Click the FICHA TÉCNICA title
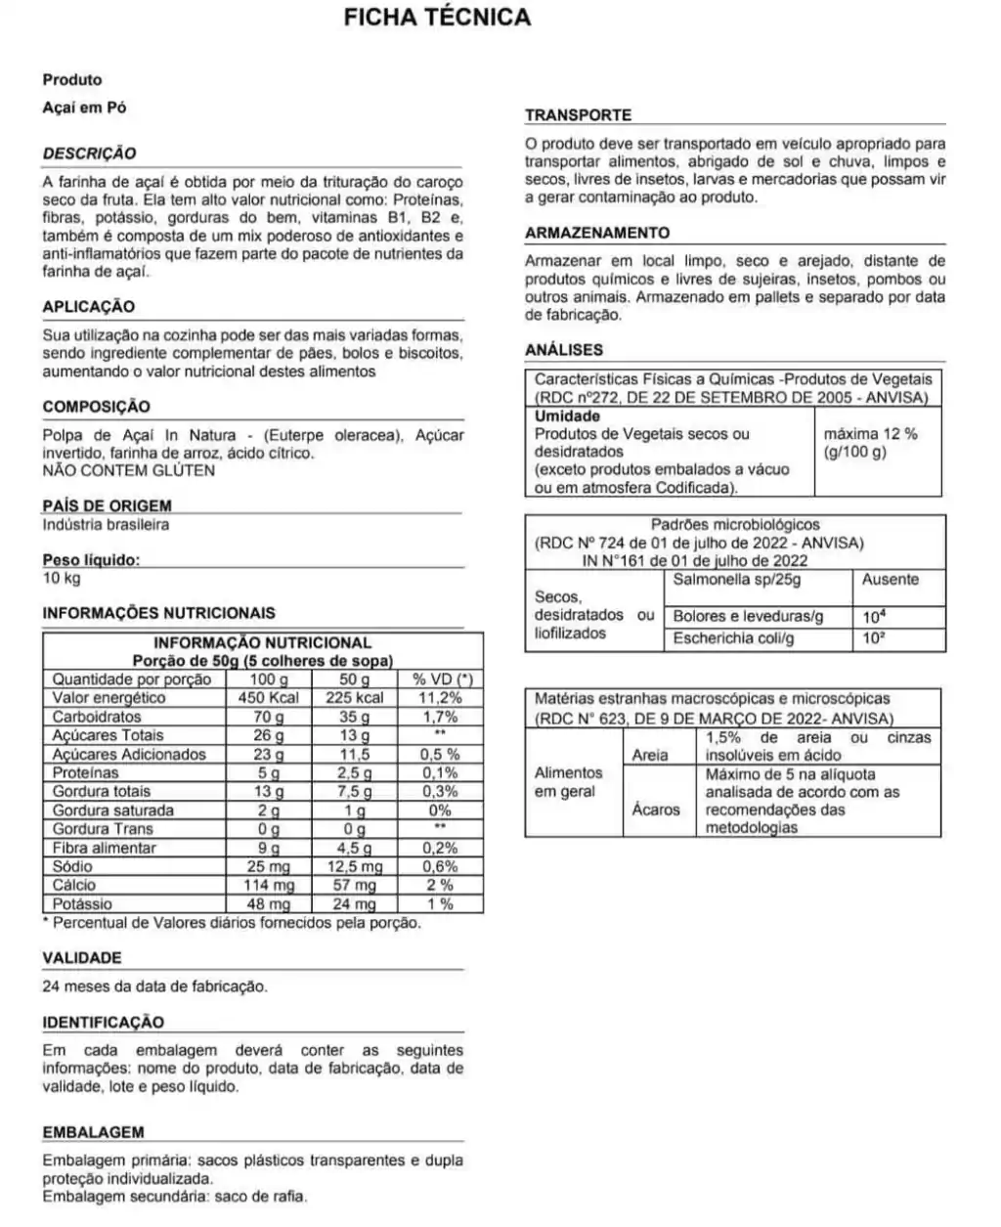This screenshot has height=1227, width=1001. [437, 18]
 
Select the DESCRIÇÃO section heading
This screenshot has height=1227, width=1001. [90, 153]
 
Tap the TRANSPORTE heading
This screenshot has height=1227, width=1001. [578, 115]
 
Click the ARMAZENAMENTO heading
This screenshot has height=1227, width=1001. [597, 233]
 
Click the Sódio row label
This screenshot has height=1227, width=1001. [73, 866]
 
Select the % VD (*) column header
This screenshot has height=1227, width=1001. [442, 679]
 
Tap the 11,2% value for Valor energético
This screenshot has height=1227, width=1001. [441, 698]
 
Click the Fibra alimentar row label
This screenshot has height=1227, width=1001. [105, 848]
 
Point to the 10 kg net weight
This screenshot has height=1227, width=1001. [62, 578]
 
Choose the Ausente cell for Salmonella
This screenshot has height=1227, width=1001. [891, 580]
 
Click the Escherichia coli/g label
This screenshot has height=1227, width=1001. [733, 638]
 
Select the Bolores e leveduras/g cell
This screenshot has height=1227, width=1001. [748, 617]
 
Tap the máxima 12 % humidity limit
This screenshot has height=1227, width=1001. [870, 433]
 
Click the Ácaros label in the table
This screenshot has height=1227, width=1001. [656, 810]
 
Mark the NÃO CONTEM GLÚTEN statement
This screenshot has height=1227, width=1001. [129, 470]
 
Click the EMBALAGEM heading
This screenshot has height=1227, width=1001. [94, 1132]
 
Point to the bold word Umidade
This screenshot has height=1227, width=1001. [567, 416]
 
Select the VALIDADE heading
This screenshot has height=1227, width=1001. [82, 958]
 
